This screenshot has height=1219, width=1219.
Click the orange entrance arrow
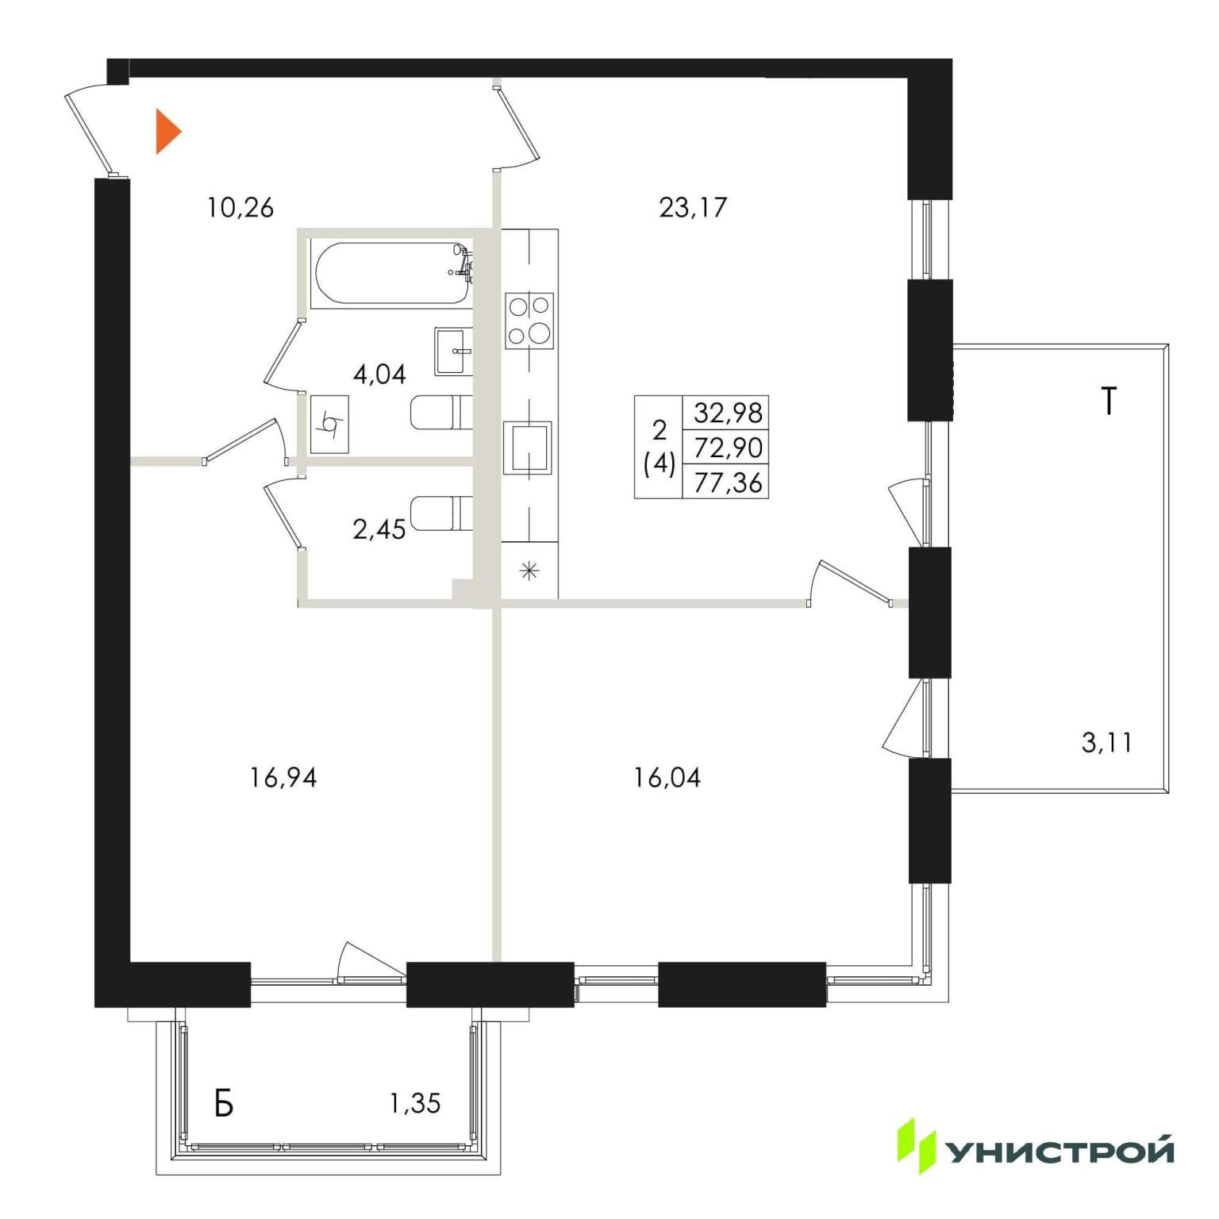[167, 132]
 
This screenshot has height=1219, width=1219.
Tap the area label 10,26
[240, 208]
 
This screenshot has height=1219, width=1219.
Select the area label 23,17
[693, 208]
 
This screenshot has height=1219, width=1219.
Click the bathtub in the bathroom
[392, 274]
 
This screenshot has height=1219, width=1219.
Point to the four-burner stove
[529, 321]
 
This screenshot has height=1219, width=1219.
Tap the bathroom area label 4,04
[379, 374]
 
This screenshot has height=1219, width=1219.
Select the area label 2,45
[379, 529]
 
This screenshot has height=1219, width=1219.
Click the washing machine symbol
[329, 424]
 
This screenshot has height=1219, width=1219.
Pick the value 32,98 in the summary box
[728, 413]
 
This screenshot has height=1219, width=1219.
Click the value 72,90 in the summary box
[728, 448]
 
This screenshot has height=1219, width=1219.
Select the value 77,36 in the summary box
[728, 483]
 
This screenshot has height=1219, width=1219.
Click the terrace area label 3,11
[1107, 744]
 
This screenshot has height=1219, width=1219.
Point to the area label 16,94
[283, 779]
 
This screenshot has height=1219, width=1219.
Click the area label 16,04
[667, 779]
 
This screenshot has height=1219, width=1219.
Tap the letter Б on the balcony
[225, 1103]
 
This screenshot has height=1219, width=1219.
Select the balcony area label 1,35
[415, 1103]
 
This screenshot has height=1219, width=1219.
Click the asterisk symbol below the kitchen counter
[529, 571]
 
